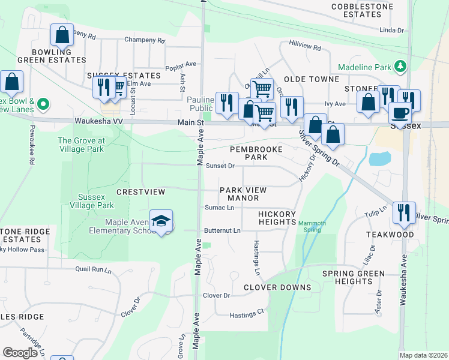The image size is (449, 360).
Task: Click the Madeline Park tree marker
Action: tap(399, 66)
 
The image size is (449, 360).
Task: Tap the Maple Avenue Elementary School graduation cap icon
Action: tap(160, 221)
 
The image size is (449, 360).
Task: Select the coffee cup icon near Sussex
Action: tap(400, 113)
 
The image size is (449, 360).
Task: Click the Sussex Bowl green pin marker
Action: tap(43, 104)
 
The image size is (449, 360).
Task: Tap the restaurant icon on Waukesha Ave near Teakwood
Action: tap(402, 212)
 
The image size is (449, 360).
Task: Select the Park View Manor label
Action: tap(243, 194)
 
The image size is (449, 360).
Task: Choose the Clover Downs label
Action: tap(277, 287)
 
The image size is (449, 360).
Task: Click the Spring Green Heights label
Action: tap(353, 278)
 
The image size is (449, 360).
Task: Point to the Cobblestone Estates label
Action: tap(362, 11)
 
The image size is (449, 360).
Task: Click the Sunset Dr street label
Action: tap(220, 166)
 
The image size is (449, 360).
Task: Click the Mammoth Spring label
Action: tap(312, 226)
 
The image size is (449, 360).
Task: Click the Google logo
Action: tap(20, 352)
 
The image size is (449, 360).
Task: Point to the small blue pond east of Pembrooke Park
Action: tap(379, 159)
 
